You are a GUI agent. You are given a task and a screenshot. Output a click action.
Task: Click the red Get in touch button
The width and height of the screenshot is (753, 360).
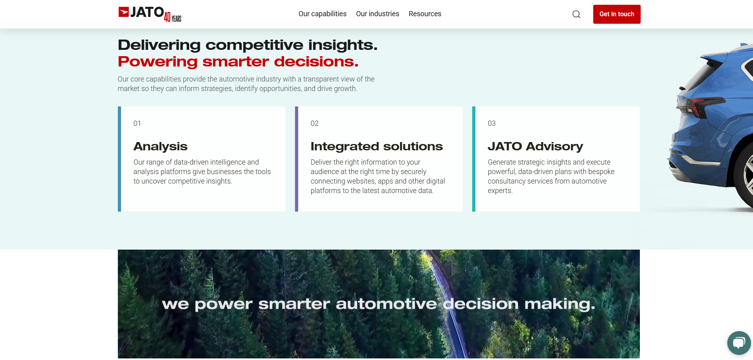point(617,14)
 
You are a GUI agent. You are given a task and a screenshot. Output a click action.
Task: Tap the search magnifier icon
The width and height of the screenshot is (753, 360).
point(577,14)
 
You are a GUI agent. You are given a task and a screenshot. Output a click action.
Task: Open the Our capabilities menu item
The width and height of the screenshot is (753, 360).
point(322,14)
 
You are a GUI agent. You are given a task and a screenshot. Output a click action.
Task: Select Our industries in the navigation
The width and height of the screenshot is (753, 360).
point(377,14)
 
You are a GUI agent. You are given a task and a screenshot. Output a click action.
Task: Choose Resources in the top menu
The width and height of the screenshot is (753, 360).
point(425,14)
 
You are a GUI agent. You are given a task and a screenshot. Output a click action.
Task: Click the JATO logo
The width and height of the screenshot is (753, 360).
point(141,12)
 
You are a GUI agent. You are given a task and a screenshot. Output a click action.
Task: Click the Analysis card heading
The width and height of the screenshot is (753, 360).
point(161,146)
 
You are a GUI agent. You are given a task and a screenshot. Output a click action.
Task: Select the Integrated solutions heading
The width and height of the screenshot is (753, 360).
point(376,146)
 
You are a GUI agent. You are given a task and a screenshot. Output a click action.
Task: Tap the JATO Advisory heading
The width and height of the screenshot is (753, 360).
point(535,146)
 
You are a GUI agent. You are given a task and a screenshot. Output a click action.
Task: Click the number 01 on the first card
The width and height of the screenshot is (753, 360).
point(137,123)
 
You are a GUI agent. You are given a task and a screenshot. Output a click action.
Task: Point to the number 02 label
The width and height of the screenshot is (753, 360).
point(314,123)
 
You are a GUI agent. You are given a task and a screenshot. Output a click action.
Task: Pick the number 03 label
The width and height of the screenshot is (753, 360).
point(492,123)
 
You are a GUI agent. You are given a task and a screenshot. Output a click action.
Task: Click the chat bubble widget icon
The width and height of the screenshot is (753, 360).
point(739,343)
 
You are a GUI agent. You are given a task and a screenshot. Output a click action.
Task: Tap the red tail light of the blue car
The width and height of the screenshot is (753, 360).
point(700,106)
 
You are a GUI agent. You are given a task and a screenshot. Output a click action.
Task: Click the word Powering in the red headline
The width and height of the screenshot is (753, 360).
point(158,62)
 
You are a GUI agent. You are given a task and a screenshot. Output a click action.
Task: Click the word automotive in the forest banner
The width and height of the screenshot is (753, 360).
point(386,304)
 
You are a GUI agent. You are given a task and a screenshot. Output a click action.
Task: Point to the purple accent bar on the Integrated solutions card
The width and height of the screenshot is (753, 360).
point(297,159)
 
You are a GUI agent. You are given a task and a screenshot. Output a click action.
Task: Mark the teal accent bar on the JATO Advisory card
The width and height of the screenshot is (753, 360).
point(474,159)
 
